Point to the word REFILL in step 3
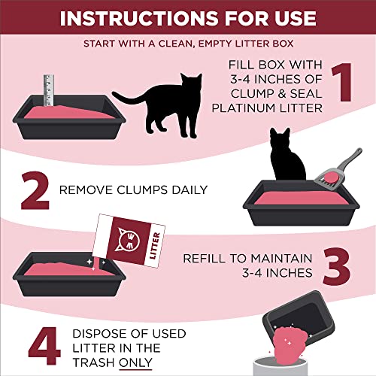tap(204, 258)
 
